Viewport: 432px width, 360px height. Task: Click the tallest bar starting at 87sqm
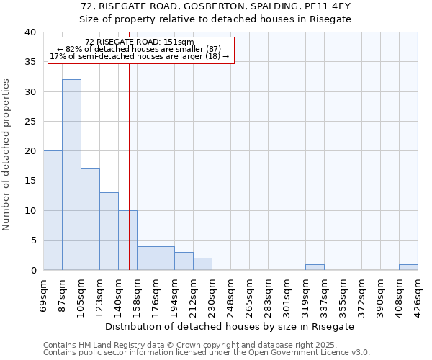tap(71, 175)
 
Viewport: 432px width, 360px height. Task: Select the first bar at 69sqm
tap(53, 210)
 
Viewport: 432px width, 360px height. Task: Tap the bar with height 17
tap(90, 220)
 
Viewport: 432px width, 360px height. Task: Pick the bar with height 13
tap(109, 231)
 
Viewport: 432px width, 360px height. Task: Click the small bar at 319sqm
tap(315, 267)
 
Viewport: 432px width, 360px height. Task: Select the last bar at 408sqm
tap(408, 267)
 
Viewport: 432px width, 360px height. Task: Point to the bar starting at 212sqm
tap(202, 264)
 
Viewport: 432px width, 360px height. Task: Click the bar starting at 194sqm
tap(184, 261)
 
